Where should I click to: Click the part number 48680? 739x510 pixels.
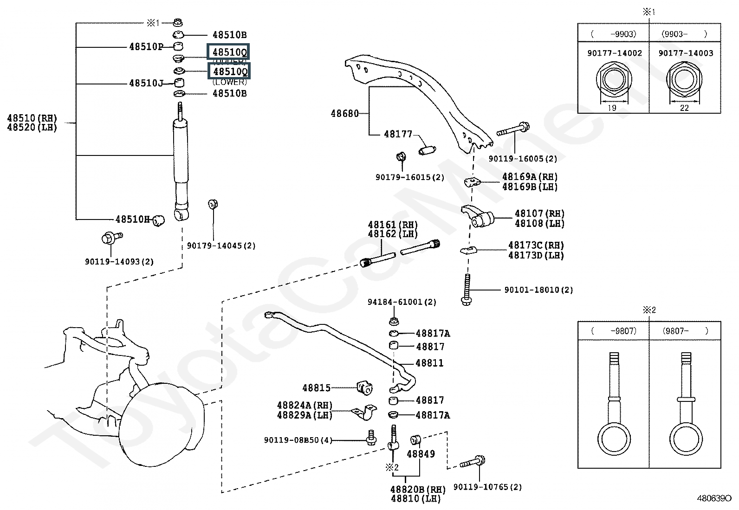pyautogui.click(x=344, y=113)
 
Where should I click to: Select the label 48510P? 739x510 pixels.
pyautogui.click(x=146, y=46)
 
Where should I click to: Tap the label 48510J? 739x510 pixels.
pyautogui.click(x=146, y=84)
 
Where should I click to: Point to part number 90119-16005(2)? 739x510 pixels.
pyautogui.click(x=523, y=159)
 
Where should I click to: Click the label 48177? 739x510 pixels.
pyautogui.click(x=398, y=134)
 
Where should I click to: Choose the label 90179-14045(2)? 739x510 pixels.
pyautogui.click(x=221, y=245)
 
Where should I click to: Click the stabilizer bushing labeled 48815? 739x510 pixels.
pyautogui.click(x=365, y=387)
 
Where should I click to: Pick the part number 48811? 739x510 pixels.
pyautogui.click(x=429, y=363)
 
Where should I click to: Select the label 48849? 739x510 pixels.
pyautogui.click(x=421, y=454)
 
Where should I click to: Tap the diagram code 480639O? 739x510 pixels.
pyautogui.click(x=714, y=498)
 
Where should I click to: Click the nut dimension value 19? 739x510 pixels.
pyautogui.click(x=612, y=108)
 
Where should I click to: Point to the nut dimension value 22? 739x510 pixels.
pyautogui.click(x=684, y=108)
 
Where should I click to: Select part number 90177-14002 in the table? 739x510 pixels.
pyautogui.click(x=615, y=53)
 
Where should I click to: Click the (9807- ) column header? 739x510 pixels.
pyautogui.click(x=685, y=331)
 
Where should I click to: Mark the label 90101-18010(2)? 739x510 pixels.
pyautogui.click(x=538, y=290)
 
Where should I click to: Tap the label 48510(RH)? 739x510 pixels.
pyautogui.click(x=32, y=118)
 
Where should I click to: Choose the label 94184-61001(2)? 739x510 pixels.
pyautogui.click(x=402, y=302)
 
